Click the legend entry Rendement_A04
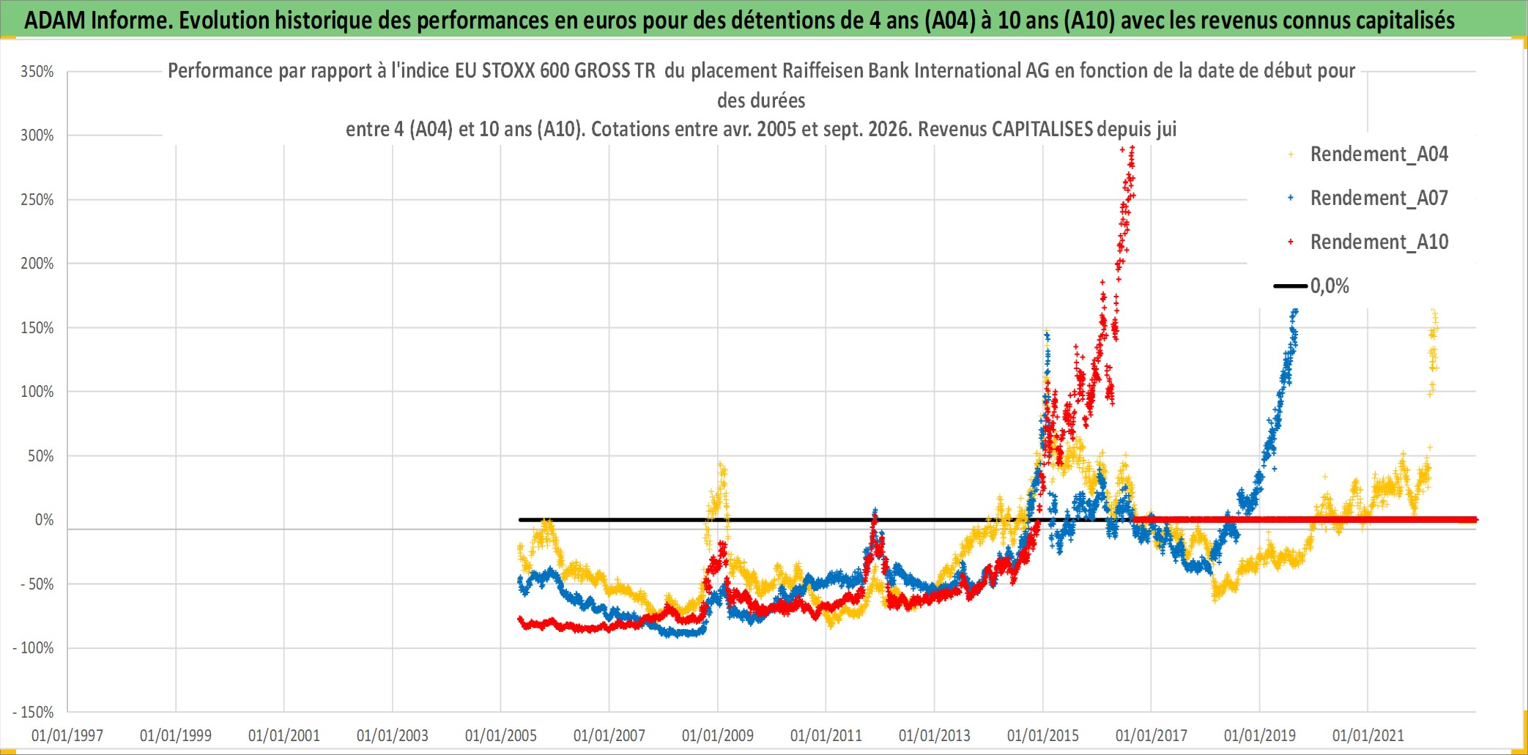(1379, 155)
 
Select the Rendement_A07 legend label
(1379, 198)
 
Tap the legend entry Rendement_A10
(1379, 242)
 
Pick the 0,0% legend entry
(1329, 286)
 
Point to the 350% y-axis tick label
(37, 72)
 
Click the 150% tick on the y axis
(37, 328)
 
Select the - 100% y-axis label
(34, 648)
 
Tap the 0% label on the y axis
(45, 520)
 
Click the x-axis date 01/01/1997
(67, 735)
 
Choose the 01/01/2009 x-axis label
(718, 735)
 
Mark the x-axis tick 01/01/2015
(1043, 735)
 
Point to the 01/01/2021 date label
(1368, 735)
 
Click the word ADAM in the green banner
(55, 21)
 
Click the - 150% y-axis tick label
(34, 713)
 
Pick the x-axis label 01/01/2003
(393, 735)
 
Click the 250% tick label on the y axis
(37, 200)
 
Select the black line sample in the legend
(1291, 286)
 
